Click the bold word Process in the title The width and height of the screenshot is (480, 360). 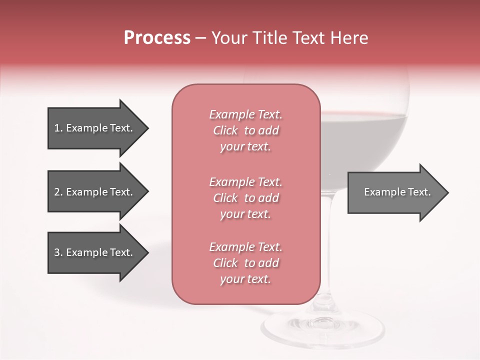pyautogui.click(x=157, y=38)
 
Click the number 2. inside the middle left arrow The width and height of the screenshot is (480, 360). pyautogui.click(x=58, y=192)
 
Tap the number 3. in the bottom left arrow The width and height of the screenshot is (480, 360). pyautogui.click(x=58, y=252)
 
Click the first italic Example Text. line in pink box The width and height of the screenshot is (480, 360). pyautogui.click(x=245, y=114)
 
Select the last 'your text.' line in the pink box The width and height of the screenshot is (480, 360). pyautogui.click(x=245, y=279)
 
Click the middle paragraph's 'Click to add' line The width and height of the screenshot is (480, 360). pyautogui.click(x=245, y=198)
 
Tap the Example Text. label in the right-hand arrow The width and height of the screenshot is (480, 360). pyautogui.click(x=397, y=192)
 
